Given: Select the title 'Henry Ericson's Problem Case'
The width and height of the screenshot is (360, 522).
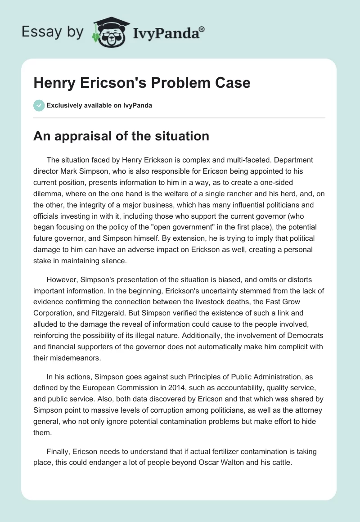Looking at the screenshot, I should (142, 83).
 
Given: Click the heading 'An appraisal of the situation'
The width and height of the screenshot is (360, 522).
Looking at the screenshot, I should (121, 136).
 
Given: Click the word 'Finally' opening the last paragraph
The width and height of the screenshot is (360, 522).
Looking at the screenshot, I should (58, 452).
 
